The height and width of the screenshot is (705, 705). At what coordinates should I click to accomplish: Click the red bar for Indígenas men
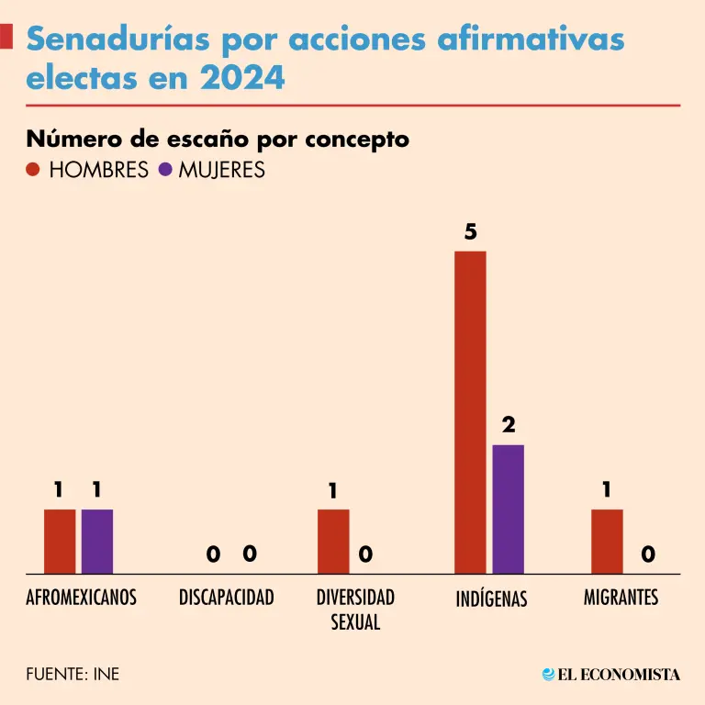(470, 412)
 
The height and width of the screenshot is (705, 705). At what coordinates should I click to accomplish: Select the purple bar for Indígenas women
(508, 509)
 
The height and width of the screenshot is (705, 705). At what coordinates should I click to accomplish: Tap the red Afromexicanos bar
(60, 542)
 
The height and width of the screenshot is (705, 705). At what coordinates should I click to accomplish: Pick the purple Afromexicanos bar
(96, 542)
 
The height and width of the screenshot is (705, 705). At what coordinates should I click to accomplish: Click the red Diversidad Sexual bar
(333, 542)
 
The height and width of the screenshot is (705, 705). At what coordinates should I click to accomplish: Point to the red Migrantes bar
(607, 542)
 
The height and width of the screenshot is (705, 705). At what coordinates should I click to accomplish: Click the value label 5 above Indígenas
(470, 232)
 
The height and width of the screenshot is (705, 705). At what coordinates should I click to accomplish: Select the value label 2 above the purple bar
(509, 426)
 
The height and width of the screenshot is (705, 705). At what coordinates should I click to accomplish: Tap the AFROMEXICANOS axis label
(81, 598)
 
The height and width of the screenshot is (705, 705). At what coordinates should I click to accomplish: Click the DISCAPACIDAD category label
(226, 598)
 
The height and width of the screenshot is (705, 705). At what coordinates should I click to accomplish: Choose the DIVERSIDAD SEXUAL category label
(355, 609)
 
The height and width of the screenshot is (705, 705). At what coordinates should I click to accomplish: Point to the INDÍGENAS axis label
(491, 599)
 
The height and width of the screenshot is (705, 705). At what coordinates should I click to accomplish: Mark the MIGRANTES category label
(621, 598)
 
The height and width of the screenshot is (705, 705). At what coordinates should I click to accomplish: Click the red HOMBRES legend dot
(33, 170)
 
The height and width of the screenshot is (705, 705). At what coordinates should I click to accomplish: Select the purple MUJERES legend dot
(165, 170)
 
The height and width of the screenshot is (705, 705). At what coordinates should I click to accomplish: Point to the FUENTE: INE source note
(73, 675)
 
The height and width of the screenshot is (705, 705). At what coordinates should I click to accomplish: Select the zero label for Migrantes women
(648, 554)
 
